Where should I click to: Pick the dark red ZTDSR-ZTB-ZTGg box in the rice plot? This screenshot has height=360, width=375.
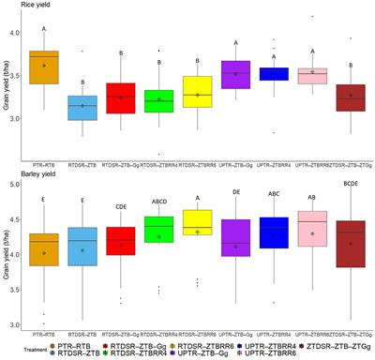(x=351, y=97)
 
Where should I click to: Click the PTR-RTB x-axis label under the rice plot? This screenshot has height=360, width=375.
(x=44, y=164)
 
